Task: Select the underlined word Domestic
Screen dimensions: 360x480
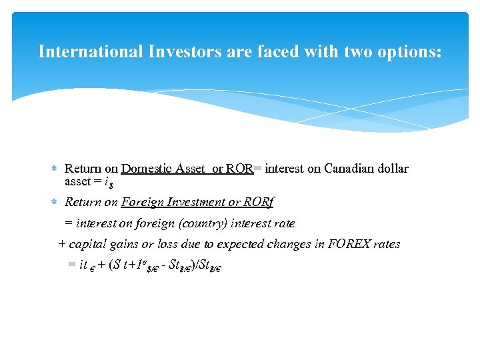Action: click(x=147, y=169)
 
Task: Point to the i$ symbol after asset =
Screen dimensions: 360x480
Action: click(x=107, y=182)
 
